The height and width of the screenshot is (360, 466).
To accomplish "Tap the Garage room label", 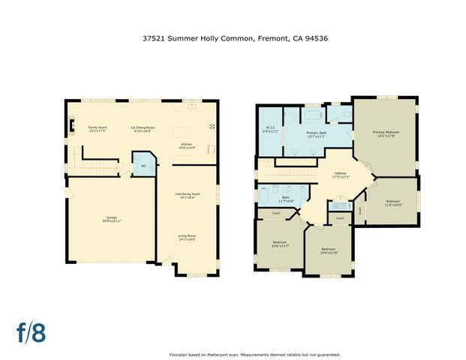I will (x=113, y=220).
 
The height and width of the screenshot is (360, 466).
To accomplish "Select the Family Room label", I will (x=98, y=128).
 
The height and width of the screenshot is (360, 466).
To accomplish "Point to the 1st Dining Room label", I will (x=143, y=128).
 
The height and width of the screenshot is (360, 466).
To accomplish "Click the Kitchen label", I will (x=187, y=146).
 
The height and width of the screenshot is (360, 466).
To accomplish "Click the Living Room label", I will (x=187, y=238).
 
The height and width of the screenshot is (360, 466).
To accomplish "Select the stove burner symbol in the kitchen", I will (x=212, y=126).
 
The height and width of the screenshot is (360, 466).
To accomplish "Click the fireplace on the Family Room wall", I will (x=69, y=126).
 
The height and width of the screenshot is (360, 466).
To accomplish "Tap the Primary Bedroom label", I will (x=386, y=134).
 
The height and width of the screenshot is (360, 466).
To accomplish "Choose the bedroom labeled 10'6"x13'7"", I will (x=280, y=243).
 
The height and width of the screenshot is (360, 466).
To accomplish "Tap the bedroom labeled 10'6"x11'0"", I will (x=329, y=250).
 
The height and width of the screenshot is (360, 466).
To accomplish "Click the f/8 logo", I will (x=32, y=332).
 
